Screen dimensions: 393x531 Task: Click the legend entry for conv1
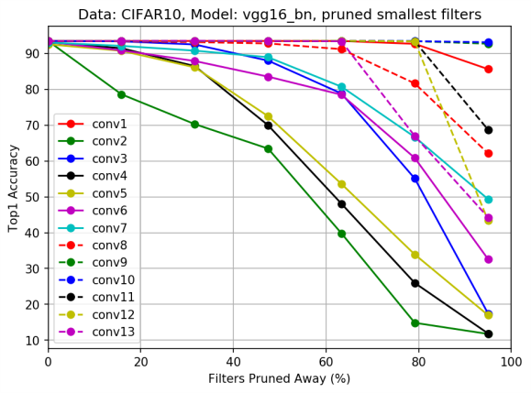click(109, 124)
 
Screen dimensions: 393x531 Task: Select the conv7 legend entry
click(109, 227)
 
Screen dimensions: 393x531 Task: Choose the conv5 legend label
click(109, 192)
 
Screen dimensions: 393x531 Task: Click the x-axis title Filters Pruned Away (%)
click(279, 379)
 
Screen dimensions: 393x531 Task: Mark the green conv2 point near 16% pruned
click(122, 94)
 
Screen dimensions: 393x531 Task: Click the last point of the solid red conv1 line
click(488, 69)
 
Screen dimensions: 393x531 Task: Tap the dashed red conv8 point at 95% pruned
click(488, 153)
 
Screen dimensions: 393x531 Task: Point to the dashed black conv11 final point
click(488, 130)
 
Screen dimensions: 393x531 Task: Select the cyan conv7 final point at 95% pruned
click(488, 199)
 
